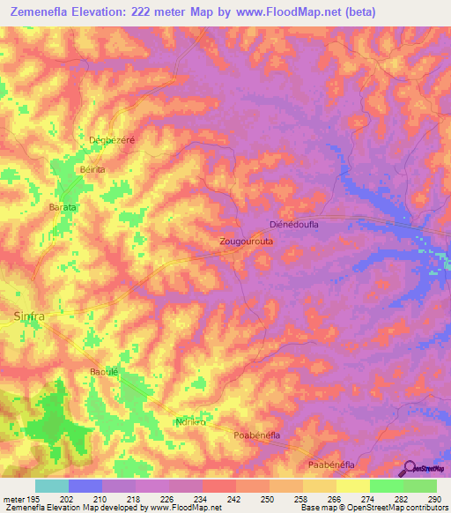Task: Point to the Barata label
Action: tap(63, 206)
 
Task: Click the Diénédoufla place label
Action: tap(299, 225)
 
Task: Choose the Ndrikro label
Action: tap(191, 421)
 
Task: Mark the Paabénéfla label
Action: tap(330, 464)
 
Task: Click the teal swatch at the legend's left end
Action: tap(51, 486)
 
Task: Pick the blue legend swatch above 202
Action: tap(85, 486)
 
